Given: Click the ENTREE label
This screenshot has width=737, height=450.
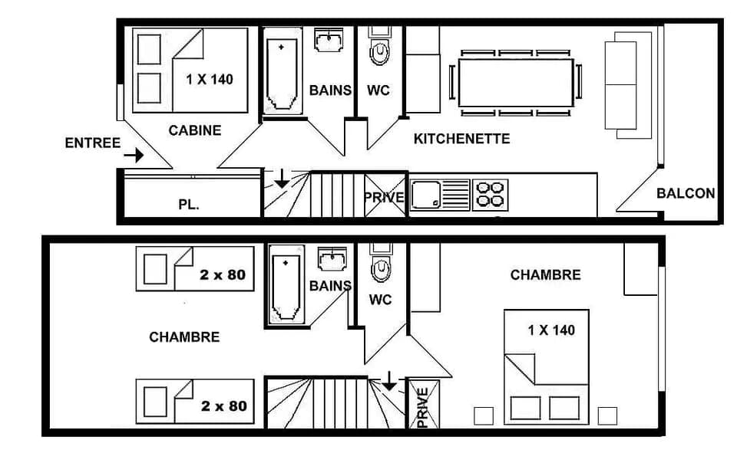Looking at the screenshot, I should [92, 143].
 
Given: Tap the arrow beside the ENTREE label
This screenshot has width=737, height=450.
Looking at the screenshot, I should [134, 156].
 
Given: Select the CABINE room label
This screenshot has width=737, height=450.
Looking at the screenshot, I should [194, 130].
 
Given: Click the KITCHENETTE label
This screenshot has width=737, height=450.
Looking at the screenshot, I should [461, 139].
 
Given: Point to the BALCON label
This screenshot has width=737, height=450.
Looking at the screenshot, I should [686, 193].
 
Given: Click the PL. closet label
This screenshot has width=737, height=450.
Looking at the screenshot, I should [189, 205].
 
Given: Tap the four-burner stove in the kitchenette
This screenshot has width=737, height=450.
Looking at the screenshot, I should [491, 194].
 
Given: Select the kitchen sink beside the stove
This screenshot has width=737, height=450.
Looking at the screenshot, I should [440, 195].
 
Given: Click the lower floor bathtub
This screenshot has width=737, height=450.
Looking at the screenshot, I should [286, 287].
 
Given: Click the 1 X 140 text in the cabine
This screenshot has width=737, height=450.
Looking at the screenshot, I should [210, 78].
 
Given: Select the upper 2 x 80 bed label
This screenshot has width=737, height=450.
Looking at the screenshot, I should [223, 274].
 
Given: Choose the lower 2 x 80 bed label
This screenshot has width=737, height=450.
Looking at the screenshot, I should [223, 406].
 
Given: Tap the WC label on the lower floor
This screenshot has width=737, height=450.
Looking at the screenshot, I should [380, 300].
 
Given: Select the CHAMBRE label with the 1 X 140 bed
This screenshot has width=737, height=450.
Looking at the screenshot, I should [545, 274].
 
